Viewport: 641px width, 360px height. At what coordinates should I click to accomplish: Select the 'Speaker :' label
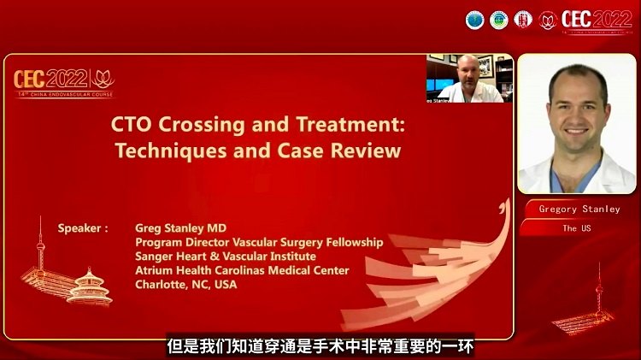click(x=83, y=229)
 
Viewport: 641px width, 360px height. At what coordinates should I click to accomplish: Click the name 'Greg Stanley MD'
click(x=180, y=229)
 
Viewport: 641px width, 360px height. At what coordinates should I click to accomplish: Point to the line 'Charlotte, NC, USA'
click(x=186, y=284)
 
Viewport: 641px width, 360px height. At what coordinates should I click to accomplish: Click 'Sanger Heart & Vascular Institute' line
click(x=226, y=257)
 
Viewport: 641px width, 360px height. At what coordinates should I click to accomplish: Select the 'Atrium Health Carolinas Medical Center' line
click(x=242, y=270)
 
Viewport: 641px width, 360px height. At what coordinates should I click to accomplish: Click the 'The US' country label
click(x=576, y=228)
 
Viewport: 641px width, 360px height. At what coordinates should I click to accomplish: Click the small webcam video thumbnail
click(x=469, y=79)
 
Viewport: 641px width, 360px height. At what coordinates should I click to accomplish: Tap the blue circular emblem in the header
click(x=475, y=19)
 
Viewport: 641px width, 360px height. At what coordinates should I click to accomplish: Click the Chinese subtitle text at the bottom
click(x=320, y=347)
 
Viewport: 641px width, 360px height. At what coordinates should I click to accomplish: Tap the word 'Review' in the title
click(x=369, y=151)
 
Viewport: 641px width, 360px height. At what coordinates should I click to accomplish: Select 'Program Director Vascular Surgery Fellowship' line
click(x=259, y=243)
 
